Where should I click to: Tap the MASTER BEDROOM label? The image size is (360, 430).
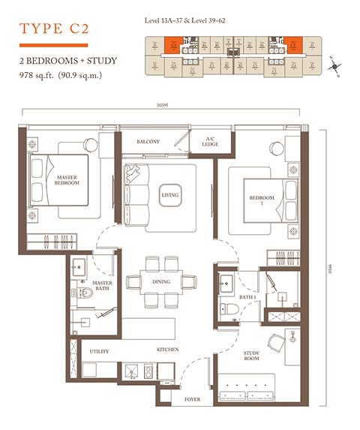tap(67, 180)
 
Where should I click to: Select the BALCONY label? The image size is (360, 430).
tap(148, 141)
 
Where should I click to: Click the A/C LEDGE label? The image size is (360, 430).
tap(211, 141)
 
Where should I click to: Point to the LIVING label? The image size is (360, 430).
tap(170, 196)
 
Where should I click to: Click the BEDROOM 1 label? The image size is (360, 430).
tap(262, 200)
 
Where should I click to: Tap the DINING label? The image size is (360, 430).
tap(160, 282)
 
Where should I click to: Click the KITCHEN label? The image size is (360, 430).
tap(166, 350)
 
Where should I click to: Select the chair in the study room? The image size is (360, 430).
tap(277, 341)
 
